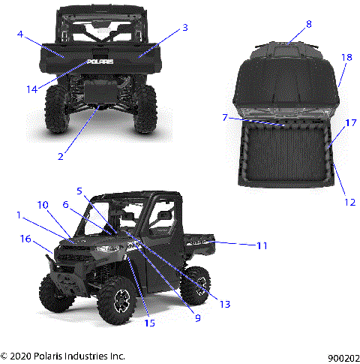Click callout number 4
click(20, 34)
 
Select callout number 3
click(184, 28)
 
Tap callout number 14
click(31, 89)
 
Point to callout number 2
click(61, 156)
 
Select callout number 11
click(262, 245)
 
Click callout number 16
click(25, 239)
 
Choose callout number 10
click(43, 205)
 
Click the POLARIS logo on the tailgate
click(100, 62)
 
